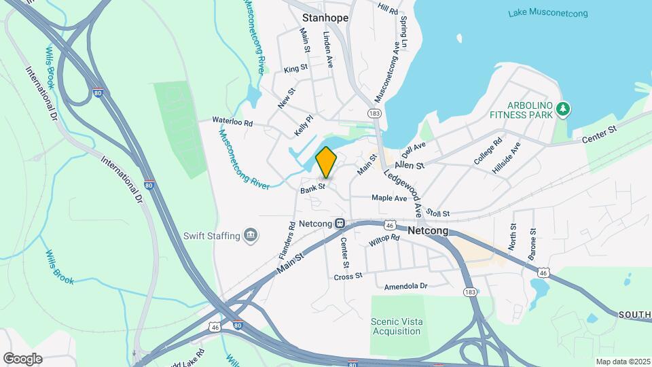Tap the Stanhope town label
coord(325,18)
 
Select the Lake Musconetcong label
coord(548,14)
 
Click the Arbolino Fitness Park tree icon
coord(562,108)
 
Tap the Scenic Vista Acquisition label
coord(396,326)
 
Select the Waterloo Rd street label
coord(232,122)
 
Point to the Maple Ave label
coord(389,198)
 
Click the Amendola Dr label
coord(405,286)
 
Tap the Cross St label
coord(348,277)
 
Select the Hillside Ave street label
coord(507,157)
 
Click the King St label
coord(296,69)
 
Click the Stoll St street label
coord(439,213)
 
